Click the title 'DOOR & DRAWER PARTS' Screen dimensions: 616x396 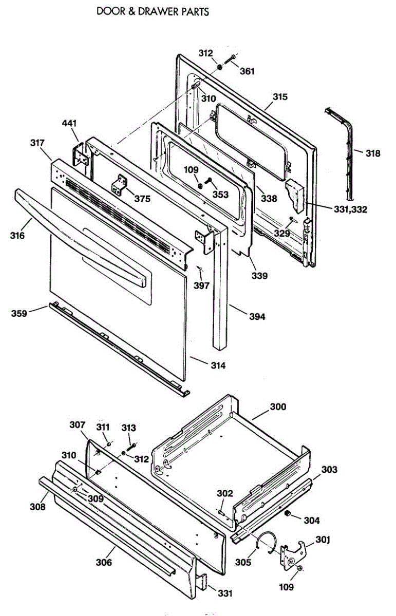(x=153, y=11)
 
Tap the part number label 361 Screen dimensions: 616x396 (x=247, y=72)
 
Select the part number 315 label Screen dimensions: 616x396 (x=280, y=97)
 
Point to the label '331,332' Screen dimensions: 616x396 (x=345, y=209)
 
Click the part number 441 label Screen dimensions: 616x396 (x=69, y=124)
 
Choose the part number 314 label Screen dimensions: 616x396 (x=217, y=365)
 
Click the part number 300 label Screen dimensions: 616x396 (x=278, y=407)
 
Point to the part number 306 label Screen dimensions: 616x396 (x=103, y=562)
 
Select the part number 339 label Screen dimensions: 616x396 (x=259, y=276)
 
